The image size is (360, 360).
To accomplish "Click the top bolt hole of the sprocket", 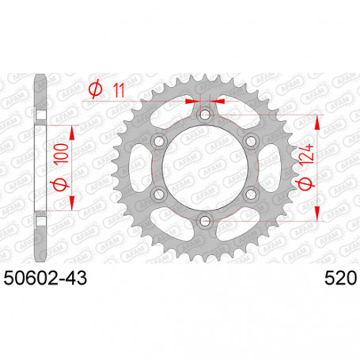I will [205, 116].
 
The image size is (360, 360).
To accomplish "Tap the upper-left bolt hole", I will [159, 142].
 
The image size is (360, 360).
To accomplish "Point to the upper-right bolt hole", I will [251, 142].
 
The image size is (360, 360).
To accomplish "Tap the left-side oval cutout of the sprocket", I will [142, 169].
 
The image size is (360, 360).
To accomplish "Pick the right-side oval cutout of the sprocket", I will [267, 169].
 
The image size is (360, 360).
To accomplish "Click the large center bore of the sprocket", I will [205, 169].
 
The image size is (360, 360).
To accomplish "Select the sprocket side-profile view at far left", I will [40, 169].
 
